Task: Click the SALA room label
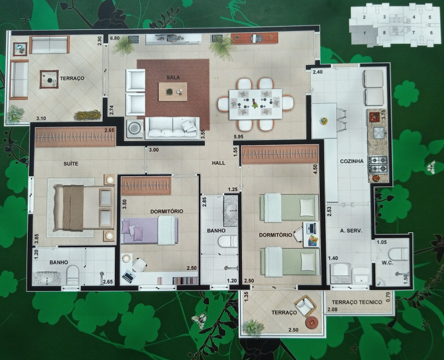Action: [173, 77]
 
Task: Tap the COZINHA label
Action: [352, 161]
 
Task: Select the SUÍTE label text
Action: [70, 163]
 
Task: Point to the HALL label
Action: [218, 163]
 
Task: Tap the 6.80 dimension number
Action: [115, 38]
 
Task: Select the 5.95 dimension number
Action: [239, 136]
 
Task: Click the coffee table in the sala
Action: [173, 92]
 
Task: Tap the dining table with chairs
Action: [255, 103]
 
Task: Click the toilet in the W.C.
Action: [398, 254]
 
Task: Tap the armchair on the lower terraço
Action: [305, 305]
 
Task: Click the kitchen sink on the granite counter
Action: [379, 132]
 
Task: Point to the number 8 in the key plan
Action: [384, 33]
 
